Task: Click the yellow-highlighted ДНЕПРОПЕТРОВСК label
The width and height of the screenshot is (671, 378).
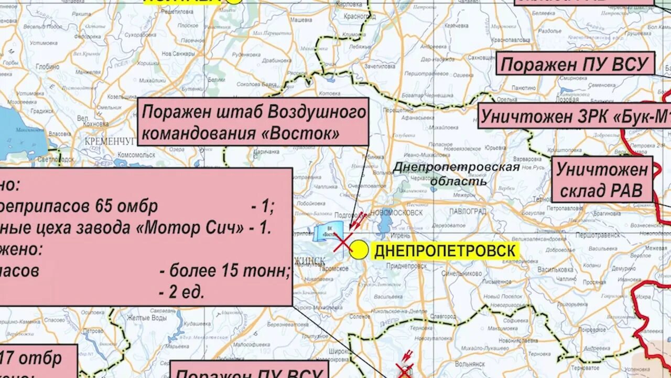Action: [x=445, y=251]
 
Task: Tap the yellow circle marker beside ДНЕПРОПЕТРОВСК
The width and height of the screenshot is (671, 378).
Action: [x=359, y=250]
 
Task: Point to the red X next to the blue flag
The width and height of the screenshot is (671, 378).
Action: [x=343, y=243]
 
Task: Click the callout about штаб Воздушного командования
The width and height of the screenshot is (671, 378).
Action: [x=253, y=122]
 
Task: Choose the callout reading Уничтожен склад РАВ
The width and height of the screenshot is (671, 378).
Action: [x=601, y=179]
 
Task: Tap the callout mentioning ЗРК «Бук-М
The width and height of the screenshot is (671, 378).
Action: [x=574, y=116]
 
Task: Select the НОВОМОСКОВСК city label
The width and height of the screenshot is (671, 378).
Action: [x=396, y=213]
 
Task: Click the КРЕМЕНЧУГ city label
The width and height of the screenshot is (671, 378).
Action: [x=111, y=141]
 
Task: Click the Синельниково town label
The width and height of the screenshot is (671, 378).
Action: [x=462, y=274]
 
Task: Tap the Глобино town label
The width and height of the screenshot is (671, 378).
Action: [x=48, y=67]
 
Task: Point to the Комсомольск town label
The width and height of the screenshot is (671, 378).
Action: [x=136, y=155]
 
